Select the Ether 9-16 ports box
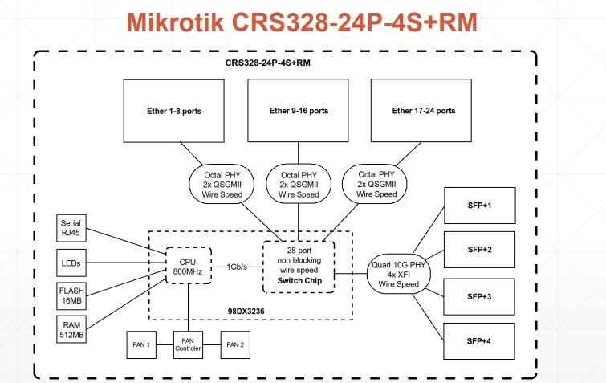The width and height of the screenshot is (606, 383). coord(297,111)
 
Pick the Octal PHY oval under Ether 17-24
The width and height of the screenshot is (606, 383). coord(376,185)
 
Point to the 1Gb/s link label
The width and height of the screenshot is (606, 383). coord(238,267)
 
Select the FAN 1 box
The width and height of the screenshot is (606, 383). coord(140,344)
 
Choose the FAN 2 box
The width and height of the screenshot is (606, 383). coord(235,344)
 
